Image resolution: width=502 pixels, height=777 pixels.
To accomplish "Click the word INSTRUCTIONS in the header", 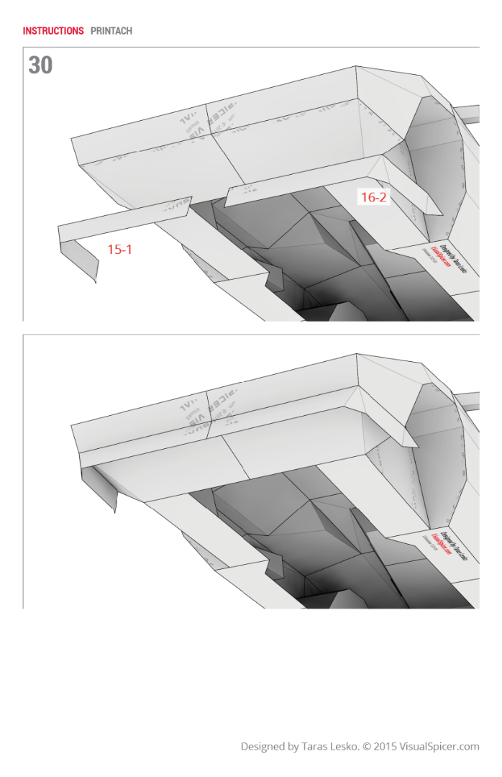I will [x=53, y=31].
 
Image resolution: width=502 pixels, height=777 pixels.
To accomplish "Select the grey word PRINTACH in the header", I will [x=111, y=31].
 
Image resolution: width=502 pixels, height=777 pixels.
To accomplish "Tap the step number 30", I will [x=40, y=65].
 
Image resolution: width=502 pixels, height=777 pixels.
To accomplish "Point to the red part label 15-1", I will [x=119, y=250].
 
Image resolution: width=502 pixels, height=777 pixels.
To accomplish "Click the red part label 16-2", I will [x=373, y=197].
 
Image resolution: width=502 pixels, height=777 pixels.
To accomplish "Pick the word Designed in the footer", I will [x=263, y=747].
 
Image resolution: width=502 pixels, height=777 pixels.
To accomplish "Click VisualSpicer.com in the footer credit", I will [x=440, y=747].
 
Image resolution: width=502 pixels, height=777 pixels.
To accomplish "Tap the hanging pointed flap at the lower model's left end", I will [x=101, y=488].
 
